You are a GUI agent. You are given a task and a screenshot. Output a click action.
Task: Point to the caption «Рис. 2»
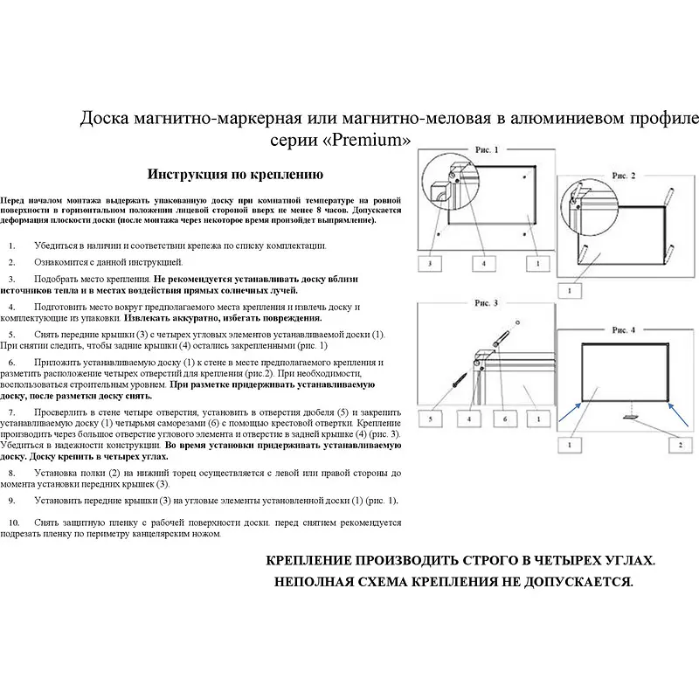tap(623, 176)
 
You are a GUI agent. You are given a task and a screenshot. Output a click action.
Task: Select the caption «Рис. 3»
tap(486, 303)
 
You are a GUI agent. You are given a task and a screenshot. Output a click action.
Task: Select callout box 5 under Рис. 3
tap(430, 420)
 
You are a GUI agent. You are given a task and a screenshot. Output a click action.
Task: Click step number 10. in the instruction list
tap(14, 523)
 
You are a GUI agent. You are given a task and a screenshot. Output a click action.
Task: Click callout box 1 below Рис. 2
tap(571, 290)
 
